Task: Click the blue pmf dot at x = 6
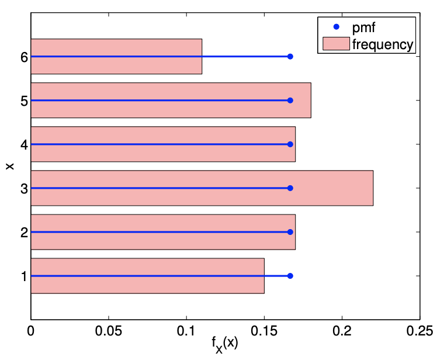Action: click(290, 57)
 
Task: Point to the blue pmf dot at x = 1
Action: click(290, 276)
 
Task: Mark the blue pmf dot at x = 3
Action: click(290, 188)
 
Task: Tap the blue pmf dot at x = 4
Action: click(290, 144)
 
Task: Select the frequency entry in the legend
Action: click(383, 43)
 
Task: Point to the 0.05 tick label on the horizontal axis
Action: click(108, 330)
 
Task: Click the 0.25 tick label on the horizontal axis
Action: click(420, 330)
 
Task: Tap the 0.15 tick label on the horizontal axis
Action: click(264, 330)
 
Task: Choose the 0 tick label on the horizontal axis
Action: click(31, 330)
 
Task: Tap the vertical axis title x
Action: click(9, 167)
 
